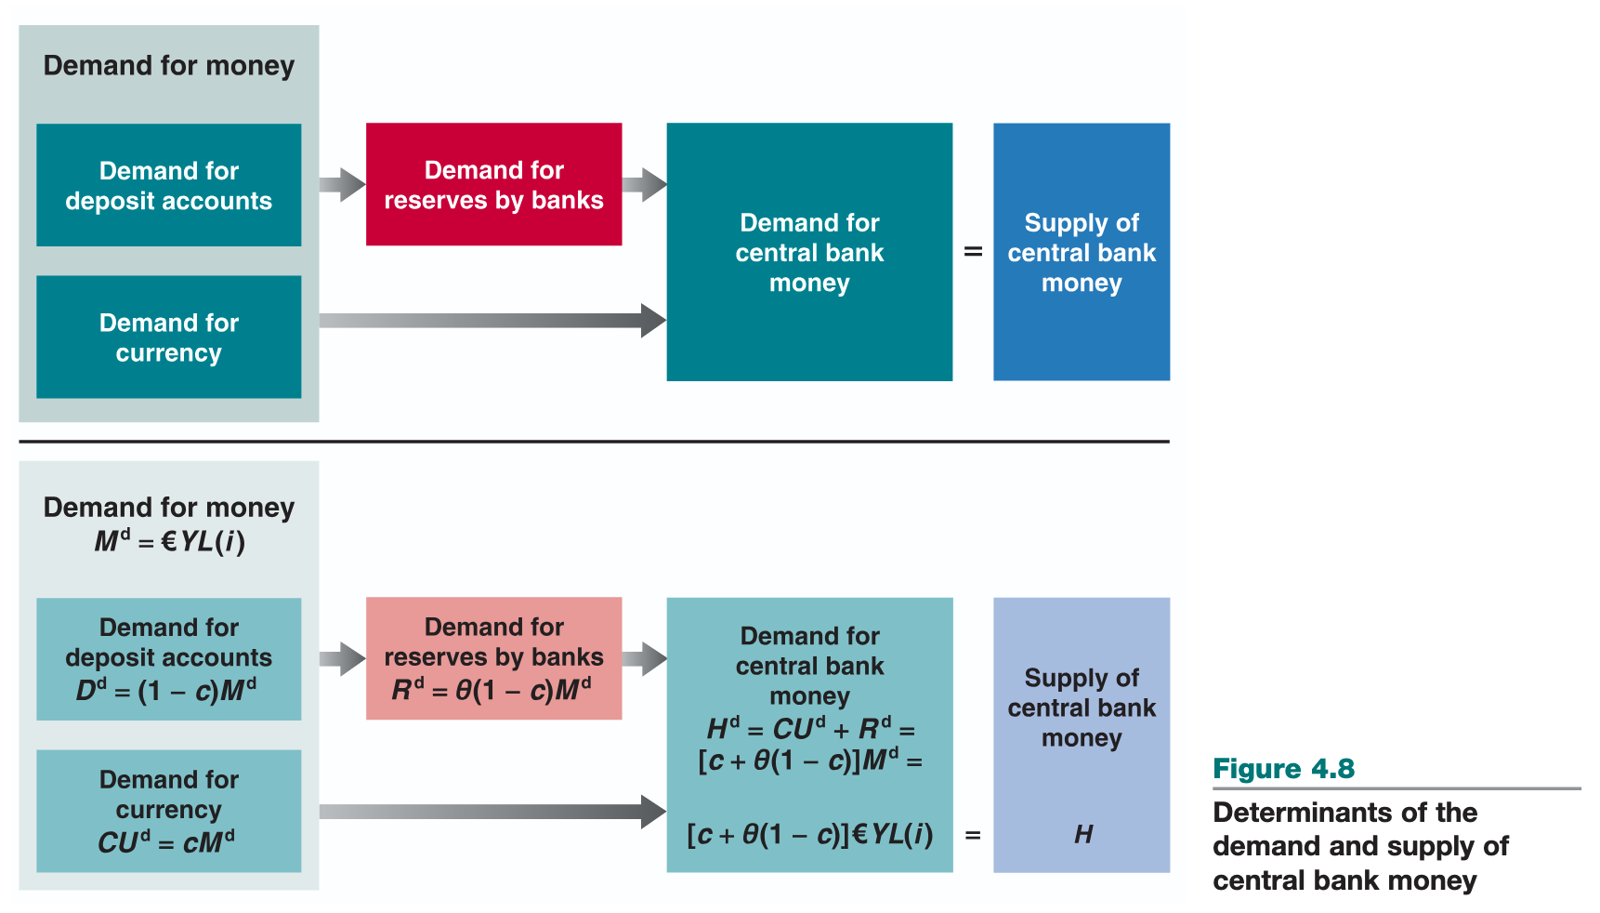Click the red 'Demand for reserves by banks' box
[x=493, y=184]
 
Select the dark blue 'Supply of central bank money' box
[x=1081, y=252]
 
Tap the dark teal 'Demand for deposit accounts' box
[x=168, y=185]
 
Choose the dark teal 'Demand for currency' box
[x=168, y=337]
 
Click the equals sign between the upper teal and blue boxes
[x=973, y=252]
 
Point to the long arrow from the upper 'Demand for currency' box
[x=492, y=321]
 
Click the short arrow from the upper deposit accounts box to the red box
[x=342, y=185]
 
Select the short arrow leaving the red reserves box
[x=644, y=185]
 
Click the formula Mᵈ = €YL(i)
[x=169, y=541]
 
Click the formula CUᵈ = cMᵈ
[x=166, y=842]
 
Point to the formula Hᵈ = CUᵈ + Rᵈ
[x=810, y=729]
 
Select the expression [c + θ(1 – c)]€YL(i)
[x=810, y=835]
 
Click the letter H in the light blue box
[x=1083, y=835]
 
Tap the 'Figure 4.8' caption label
[x=1283, y=769]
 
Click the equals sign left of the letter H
[x=973, y=835]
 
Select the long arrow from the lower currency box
[x=492, y=812]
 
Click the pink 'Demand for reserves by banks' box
[x=493, y=658]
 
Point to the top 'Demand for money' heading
[x=169, y=66]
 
